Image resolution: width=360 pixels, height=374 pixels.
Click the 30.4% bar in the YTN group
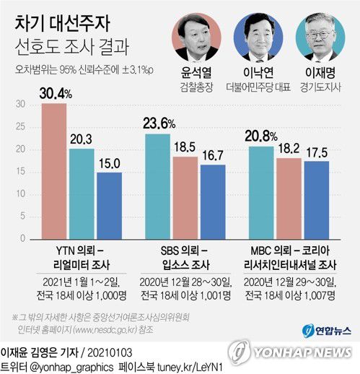[54, 173]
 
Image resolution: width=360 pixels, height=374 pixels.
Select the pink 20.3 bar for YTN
[82, 195]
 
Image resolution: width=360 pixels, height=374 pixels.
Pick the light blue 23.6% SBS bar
[158, 188]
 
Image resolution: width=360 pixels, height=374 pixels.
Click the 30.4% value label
[54, 92]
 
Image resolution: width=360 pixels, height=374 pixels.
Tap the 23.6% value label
[159, 123]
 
